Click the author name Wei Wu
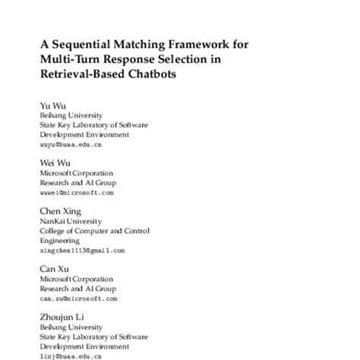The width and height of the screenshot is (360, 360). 51,163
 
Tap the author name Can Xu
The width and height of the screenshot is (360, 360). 52,269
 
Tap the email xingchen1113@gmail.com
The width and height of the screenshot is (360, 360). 81,250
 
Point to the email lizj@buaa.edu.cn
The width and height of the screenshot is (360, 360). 70,355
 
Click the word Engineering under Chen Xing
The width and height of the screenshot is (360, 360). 59,239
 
